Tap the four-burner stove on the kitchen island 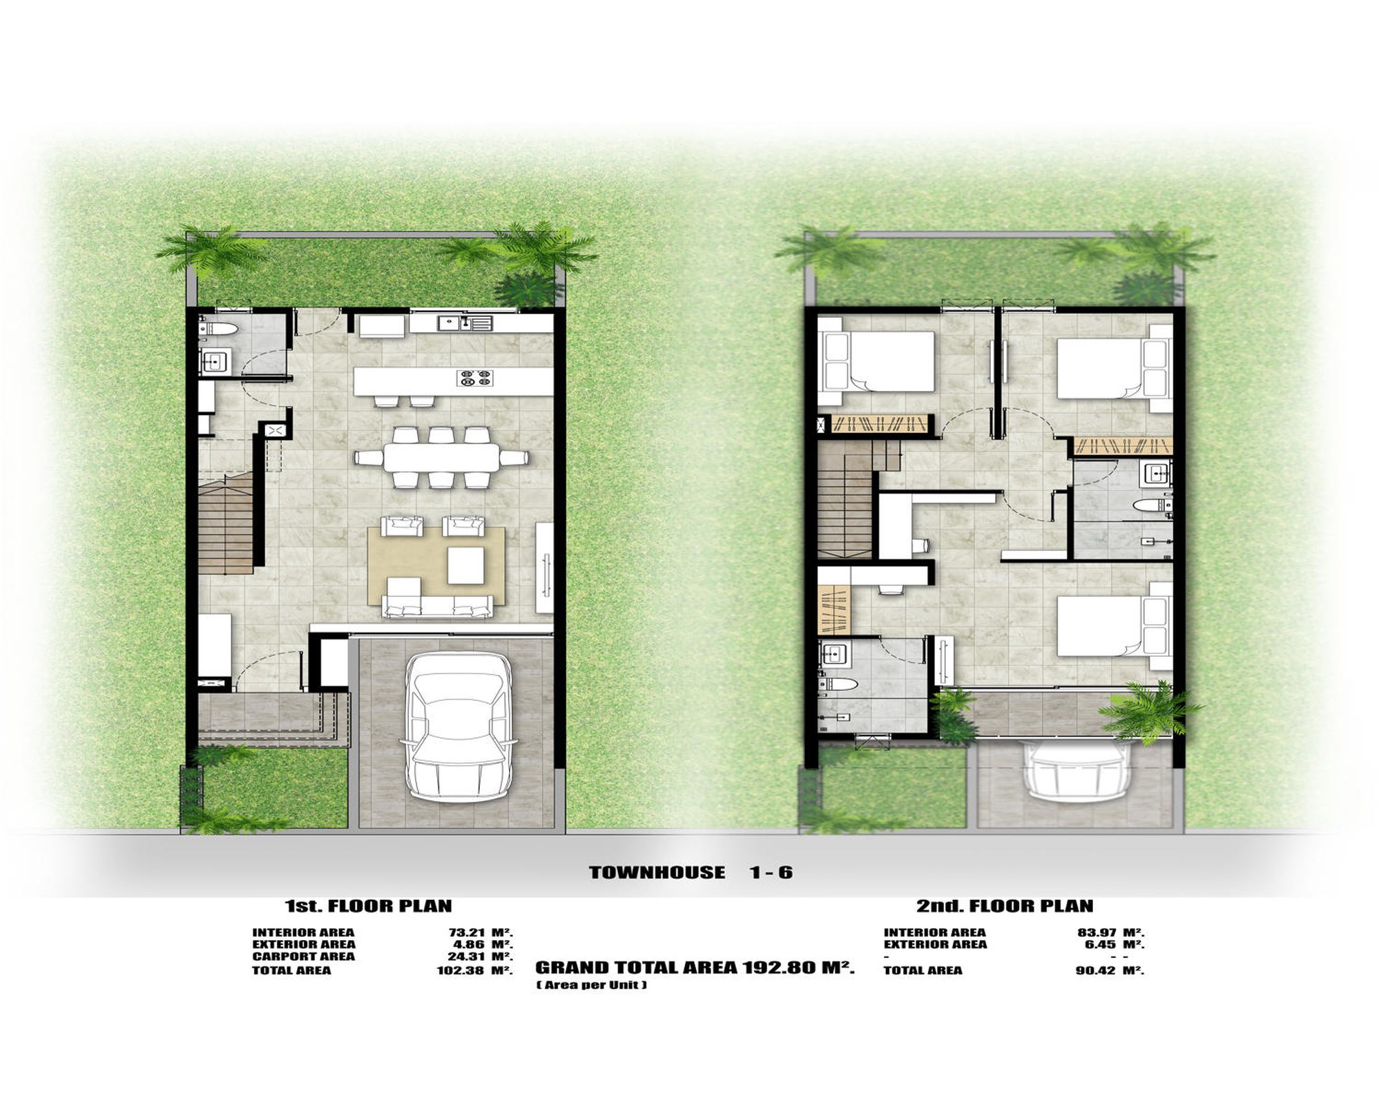pyautogui.click(x=475, y=377)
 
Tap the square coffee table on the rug pyautogui.click(x=466, y=566)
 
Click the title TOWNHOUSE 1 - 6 pyautogui.click(x=691, y=872)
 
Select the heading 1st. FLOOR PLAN pyautogui.click(x=369, y=905)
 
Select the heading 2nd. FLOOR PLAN pyautogui.click(x=1005, y=905)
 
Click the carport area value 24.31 pyautogui.click(x=467, y=957)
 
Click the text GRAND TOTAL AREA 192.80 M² pyautogui.click(x=695, y=968)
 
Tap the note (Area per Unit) pyautogui.click(x=592, y=985)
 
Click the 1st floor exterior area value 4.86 pyautogui.click(x=470, y=944)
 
